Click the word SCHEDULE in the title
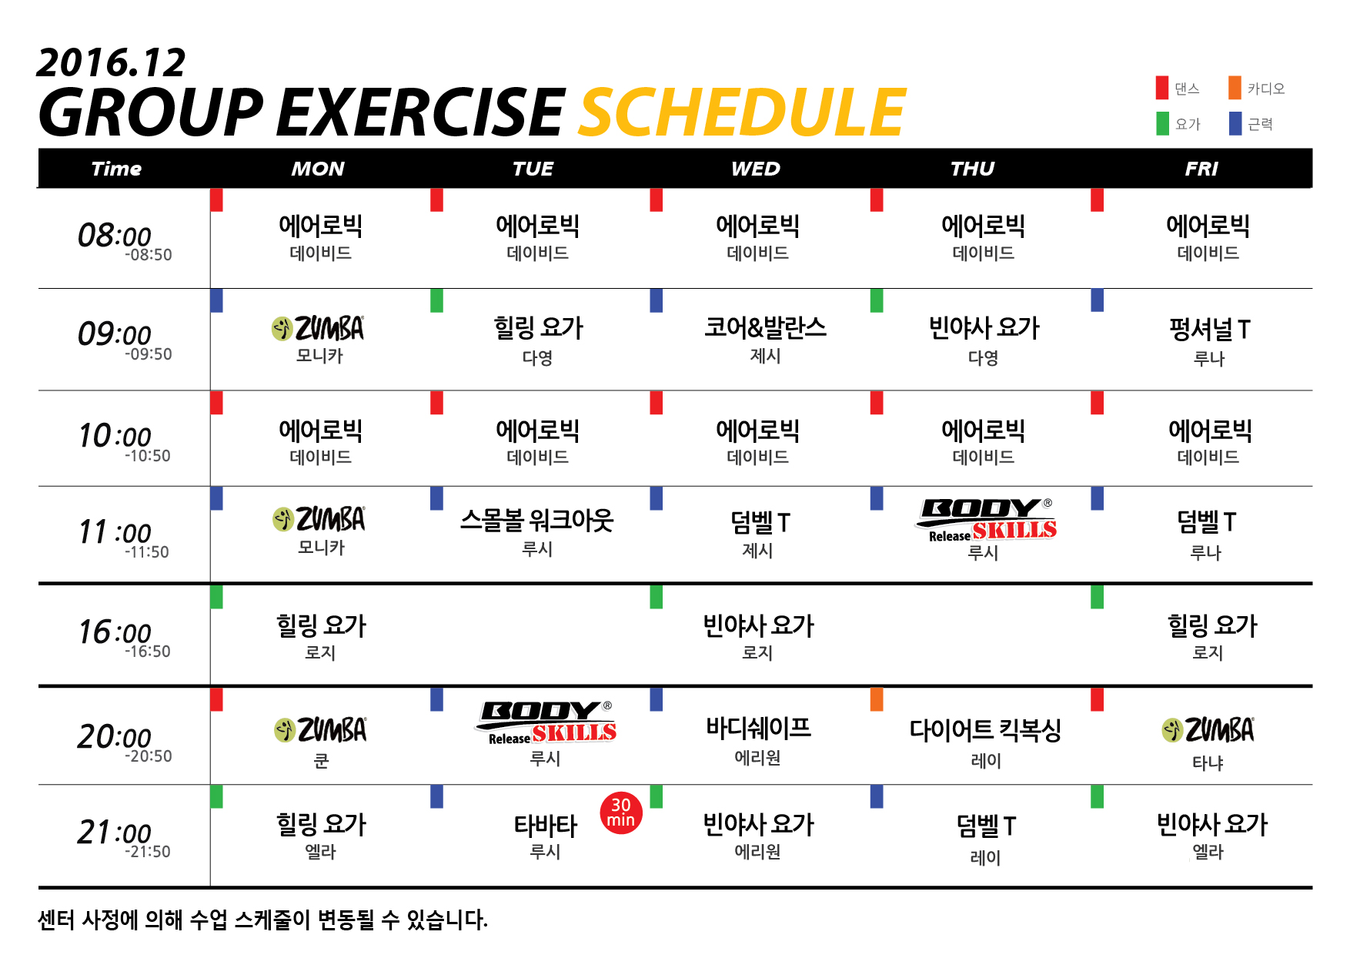[x=742, y=112]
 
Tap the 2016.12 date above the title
[x=111, y=62]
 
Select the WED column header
[x=756, y=169]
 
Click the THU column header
[x=972, y=169]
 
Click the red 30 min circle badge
[x=621, y=813]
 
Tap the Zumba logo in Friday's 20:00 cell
[x=1208, y=730]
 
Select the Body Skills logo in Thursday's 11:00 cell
[x=986, y=520]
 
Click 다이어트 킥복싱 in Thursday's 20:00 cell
[x=985, y=729]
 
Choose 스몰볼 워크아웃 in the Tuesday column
[x=537, y=521]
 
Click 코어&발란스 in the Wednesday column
[x=765, y=328]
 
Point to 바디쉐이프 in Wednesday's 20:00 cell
[x=758, y=728]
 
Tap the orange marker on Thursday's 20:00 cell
[x=877, y=699]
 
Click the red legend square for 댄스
[x=1162, y=88]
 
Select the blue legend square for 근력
[x=1235, y=123]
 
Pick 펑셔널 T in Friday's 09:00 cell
[x=1209, y=330]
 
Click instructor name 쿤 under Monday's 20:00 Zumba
[x=321, y=762]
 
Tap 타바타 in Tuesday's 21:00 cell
[x=545, y=826]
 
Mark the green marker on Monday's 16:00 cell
[x=216, y=597]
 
